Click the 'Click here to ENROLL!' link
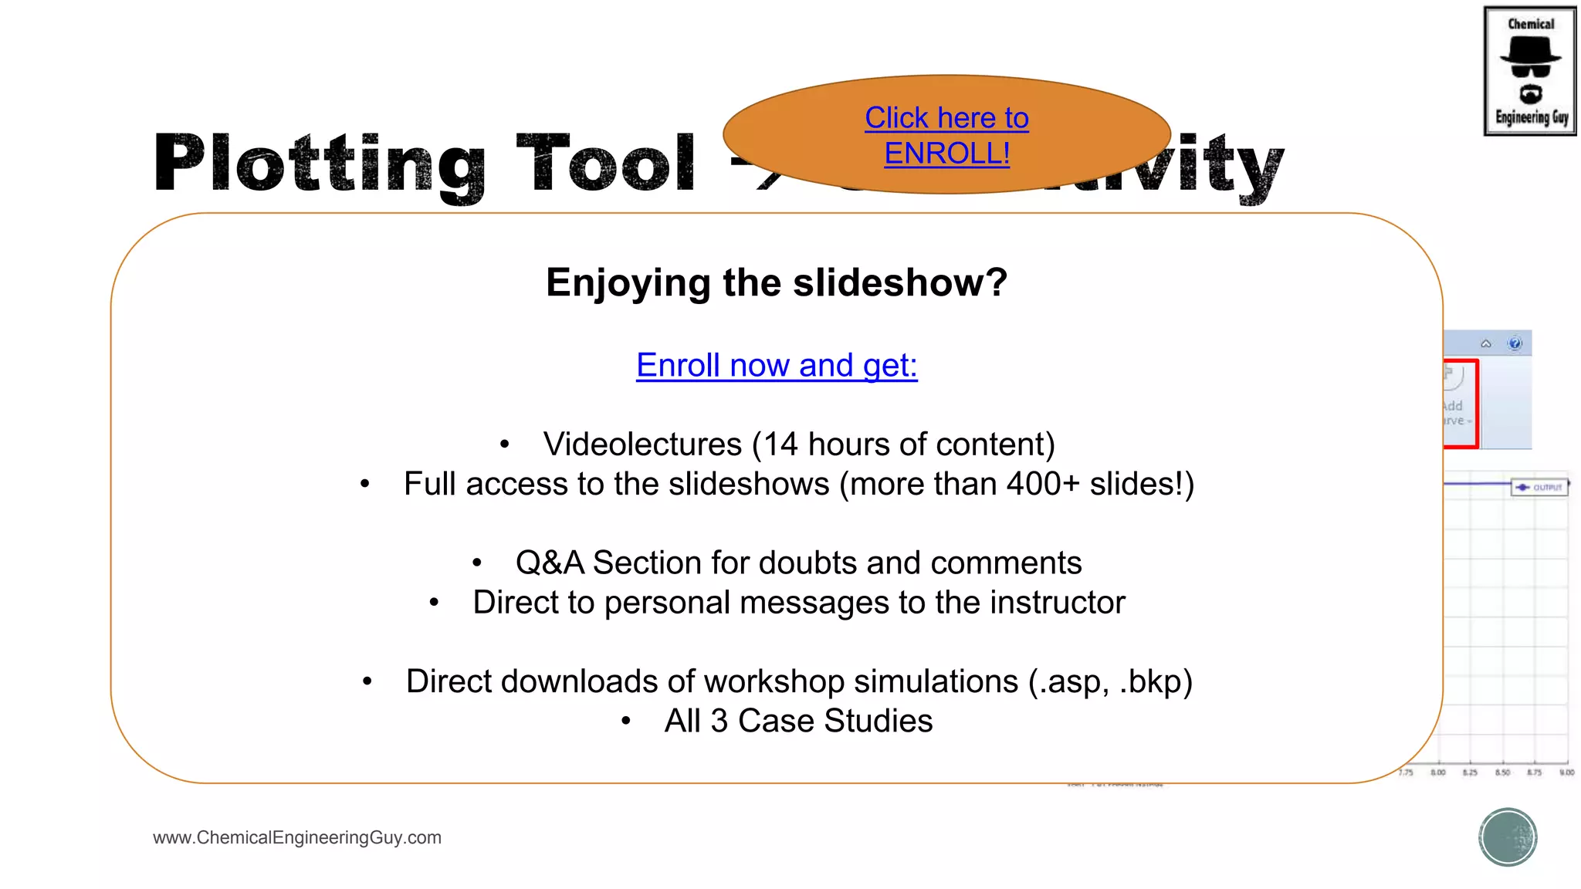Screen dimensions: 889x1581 point(946,135)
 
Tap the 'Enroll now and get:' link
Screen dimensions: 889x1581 point(777,365)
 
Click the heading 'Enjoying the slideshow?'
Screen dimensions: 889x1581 point(777,282)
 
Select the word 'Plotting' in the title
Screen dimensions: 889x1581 point(320,164)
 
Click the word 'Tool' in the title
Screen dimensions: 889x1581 point(606,164)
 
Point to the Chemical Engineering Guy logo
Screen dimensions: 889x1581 point(1530,71)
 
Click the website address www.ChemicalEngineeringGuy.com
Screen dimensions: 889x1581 point(297,837)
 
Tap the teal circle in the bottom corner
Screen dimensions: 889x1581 point(1508,837)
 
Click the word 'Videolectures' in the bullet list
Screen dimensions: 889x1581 point(642,444)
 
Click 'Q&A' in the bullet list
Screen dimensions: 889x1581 point(550,563)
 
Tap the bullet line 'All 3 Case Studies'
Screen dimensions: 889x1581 point(798,721)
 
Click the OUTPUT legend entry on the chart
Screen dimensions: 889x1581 point(1539,488)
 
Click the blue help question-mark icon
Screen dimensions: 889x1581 point(1515,343)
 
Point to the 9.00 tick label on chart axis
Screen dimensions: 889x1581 point(1566,772)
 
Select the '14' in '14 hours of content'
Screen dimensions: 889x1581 point(780,444)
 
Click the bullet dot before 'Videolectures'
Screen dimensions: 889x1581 point(505,444)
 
